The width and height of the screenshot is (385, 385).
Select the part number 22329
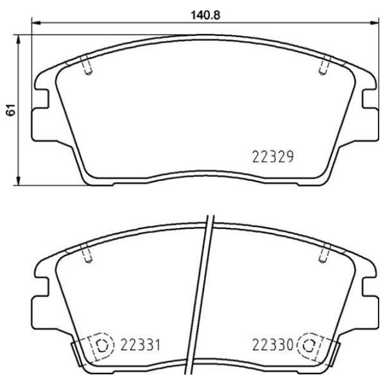271,156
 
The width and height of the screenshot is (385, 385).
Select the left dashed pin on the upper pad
89,66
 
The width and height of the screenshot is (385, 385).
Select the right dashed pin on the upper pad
325,66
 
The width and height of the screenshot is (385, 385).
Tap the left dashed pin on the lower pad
89,254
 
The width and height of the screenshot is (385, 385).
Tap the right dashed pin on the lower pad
325,254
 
